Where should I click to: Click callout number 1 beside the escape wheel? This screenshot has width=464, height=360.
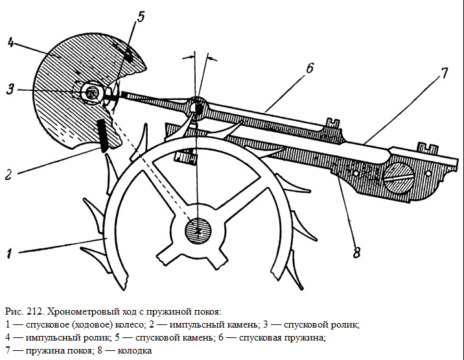pos(10,254)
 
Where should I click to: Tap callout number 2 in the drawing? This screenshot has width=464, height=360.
pos(8,174)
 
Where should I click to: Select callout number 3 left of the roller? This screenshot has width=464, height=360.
pos(10,89)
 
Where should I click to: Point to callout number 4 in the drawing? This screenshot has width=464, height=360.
pos(10,43)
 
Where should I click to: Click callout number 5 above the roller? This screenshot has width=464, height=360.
pos(141,17)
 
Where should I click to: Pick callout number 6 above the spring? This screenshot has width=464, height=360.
pos(309,68)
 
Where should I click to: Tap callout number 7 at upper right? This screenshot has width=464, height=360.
pos(444,73)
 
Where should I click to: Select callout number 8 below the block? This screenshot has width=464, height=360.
pos(356,252)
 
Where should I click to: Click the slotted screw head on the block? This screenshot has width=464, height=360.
pos(399,178)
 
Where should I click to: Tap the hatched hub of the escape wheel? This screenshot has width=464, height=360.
pos(198,231)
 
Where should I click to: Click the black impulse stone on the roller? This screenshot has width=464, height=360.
pos(102,136)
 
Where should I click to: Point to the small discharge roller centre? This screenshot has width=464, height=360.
pos(91,93)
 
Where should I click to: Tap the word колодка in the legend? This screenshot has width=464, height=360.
pos(135,351)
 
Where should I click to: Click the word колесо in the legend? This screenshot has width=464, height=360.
pos(130,325)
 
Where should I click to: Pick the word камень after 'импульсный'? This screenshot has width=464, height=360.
pos(242,325)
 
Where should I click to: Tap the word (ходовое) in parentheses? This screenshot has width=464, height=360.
pos(92,325)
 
